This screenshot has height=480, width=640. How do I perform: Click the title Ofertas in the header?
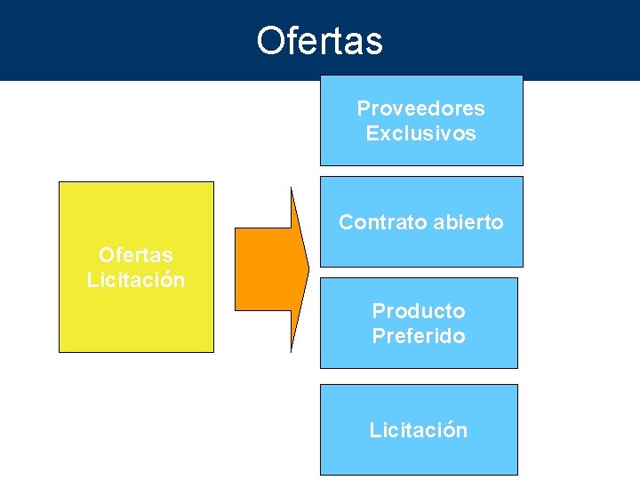tap(319, 41)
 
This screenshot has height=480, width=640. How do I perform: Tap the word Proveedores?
tap(420, 108)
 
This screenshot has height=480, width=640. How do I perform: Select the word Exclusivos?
tap(420, 133)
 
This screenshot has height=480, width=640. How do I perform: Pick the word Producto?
tap(418, 311)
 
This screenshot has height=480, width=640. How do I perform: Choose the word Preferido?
tap(418, 336)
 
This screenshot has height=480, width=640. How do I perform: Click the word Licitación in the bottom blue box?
tap(418, 430)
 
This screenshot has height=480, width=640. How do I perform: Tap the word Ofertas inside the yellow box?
tap(136, 255)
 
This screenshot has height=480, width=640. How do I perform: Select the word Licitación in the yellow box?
tap(136, 280)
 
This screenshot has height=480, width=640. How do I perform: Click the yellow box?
tap(136, 320)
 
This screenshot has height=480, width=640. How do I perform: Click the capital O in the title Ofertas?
tap(269, 41)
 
